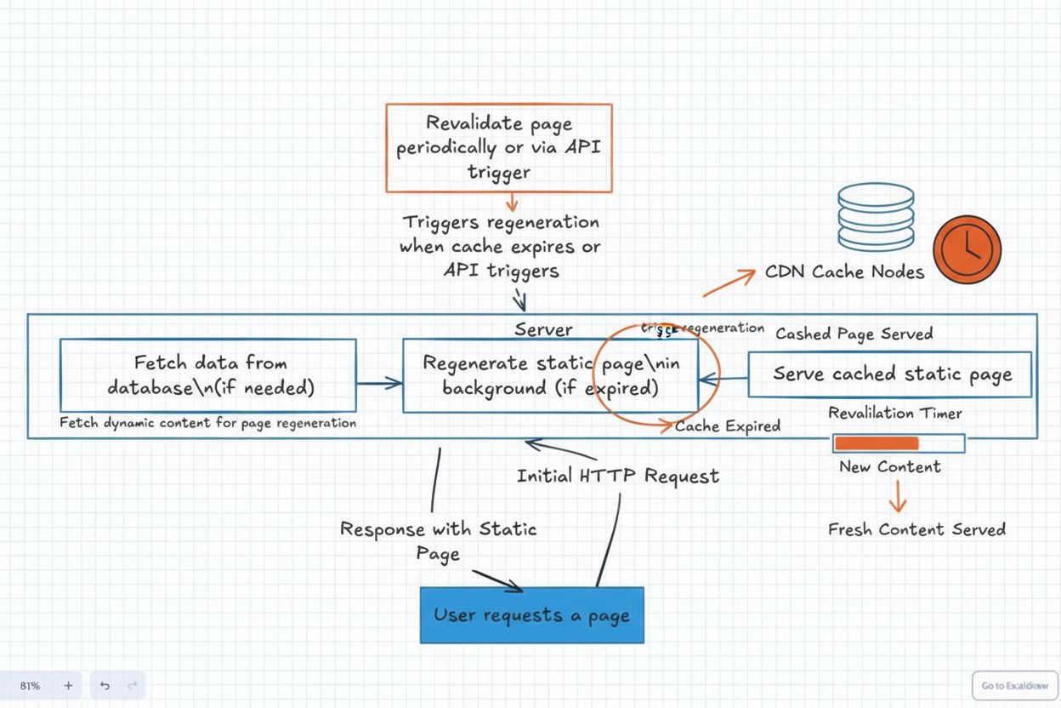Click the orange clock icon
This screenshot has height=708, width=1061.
[x=967, y=249]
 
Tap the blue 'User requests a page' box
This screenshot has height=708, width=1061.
[x=532, y=614]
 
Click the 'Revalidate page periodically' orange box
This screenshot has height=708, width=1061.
[x=499, y=148]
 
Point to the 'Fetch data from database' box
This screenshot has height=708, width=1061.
[x=209, y=375]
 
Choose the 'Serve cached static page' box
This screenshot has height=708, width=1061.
[x=890, y=374]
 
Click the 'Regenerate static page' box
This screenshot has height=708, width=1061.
[x=550, y=375]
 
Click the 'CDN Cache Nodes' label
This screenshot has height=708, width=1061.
[x=844, y=272]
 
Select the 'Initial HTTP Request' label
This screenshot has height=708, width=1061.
[x=618, y=476]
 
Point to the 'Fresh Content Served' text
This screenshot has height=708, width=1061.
[x=916, y=529]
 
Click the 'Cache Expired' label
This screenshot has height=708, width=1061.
[x=727, y=426]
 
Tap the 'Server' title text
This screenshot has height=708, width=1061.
[x=543, y=329]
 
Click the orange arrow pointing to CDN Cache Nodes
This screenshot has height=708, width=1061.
[x=729, y=283]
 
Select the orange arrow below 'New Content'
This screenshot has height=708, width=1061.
[x=898, y=495]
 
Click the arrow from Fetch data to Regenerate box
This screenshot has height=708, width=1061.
[x=379, y=384]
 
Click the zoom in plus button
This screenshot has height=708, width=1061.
[x=68, y=685]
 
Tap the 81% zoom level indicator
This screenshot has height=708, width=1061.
[x=30, y=685]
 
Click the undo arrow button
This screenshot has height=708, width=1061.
[x=105, y=685]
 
